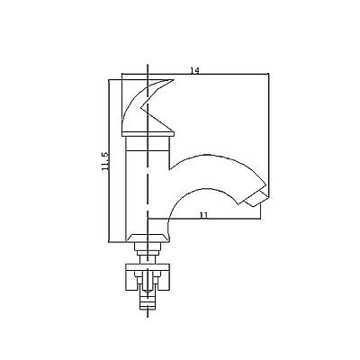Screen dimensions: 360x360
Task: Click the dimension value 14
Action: pos(194,70)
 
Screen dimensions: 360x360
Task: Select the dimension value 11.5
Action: pos(105,161)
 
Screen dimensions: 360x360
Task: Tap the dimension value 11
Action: pos(203,215)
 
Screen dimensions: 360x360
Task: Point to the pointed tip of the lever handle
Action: pos(174,80)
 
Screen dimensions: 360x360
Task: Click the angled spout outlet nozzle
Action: pos(257,198)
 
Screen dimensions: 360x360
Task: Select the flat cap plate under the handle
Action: pos(148,134)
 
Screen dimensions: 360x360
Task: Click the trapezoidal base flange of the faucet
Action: pos(148,238)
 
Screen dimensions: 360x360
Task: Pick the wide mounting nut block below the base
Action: pos(148,277)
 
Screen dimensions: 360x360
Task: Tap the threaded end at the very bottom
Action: pos(148,301)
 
